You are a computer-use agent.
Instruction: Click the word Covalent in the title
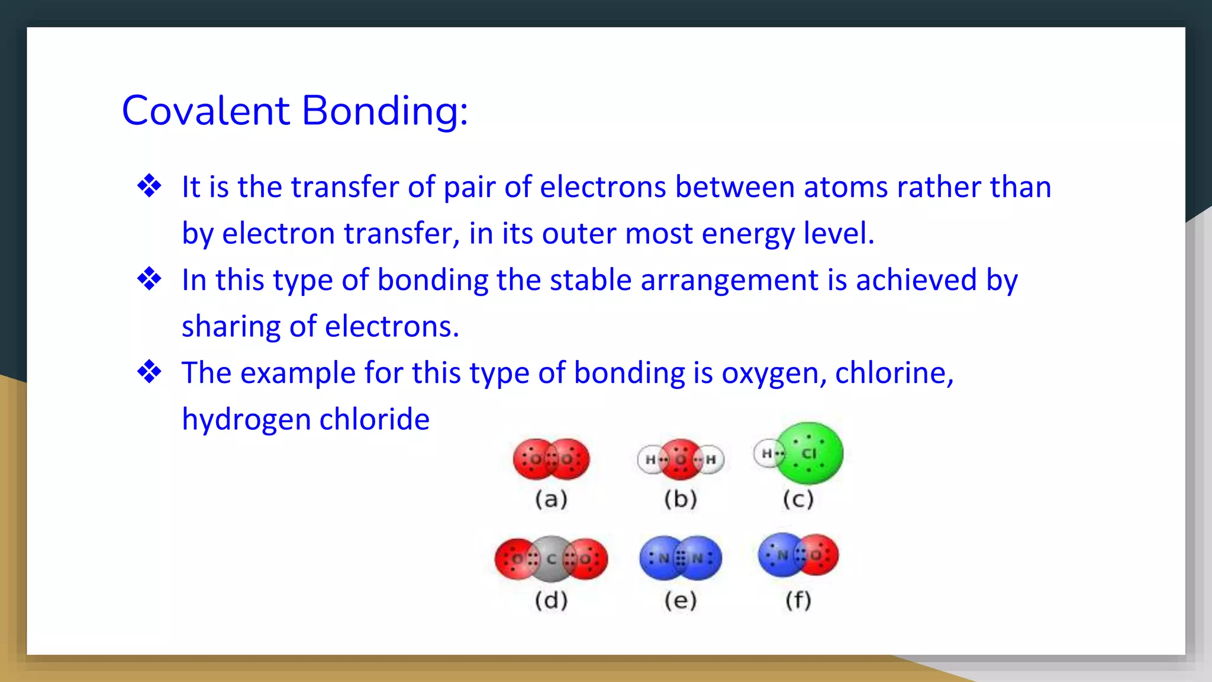(205, 111)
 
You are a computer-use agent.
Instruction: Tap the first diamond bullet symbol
(149, 186)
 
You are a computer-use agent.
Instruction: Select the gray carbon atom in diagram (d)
(552, 558)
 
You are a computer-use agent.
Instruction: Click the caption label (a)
(551, 500)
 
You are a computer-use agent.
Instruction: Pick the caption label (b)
(681, 500)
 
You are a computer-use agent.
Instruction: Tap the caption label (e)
(681, 600)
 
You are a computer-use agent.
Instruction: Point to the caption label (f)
(798, 600)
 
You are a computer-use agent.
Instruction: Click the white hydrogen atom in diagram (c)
(766, 454)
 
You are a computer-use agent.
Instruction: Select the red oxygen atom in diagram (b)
(681, 459)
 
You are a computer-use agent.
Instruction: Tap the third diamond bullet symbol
(149, 372)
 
